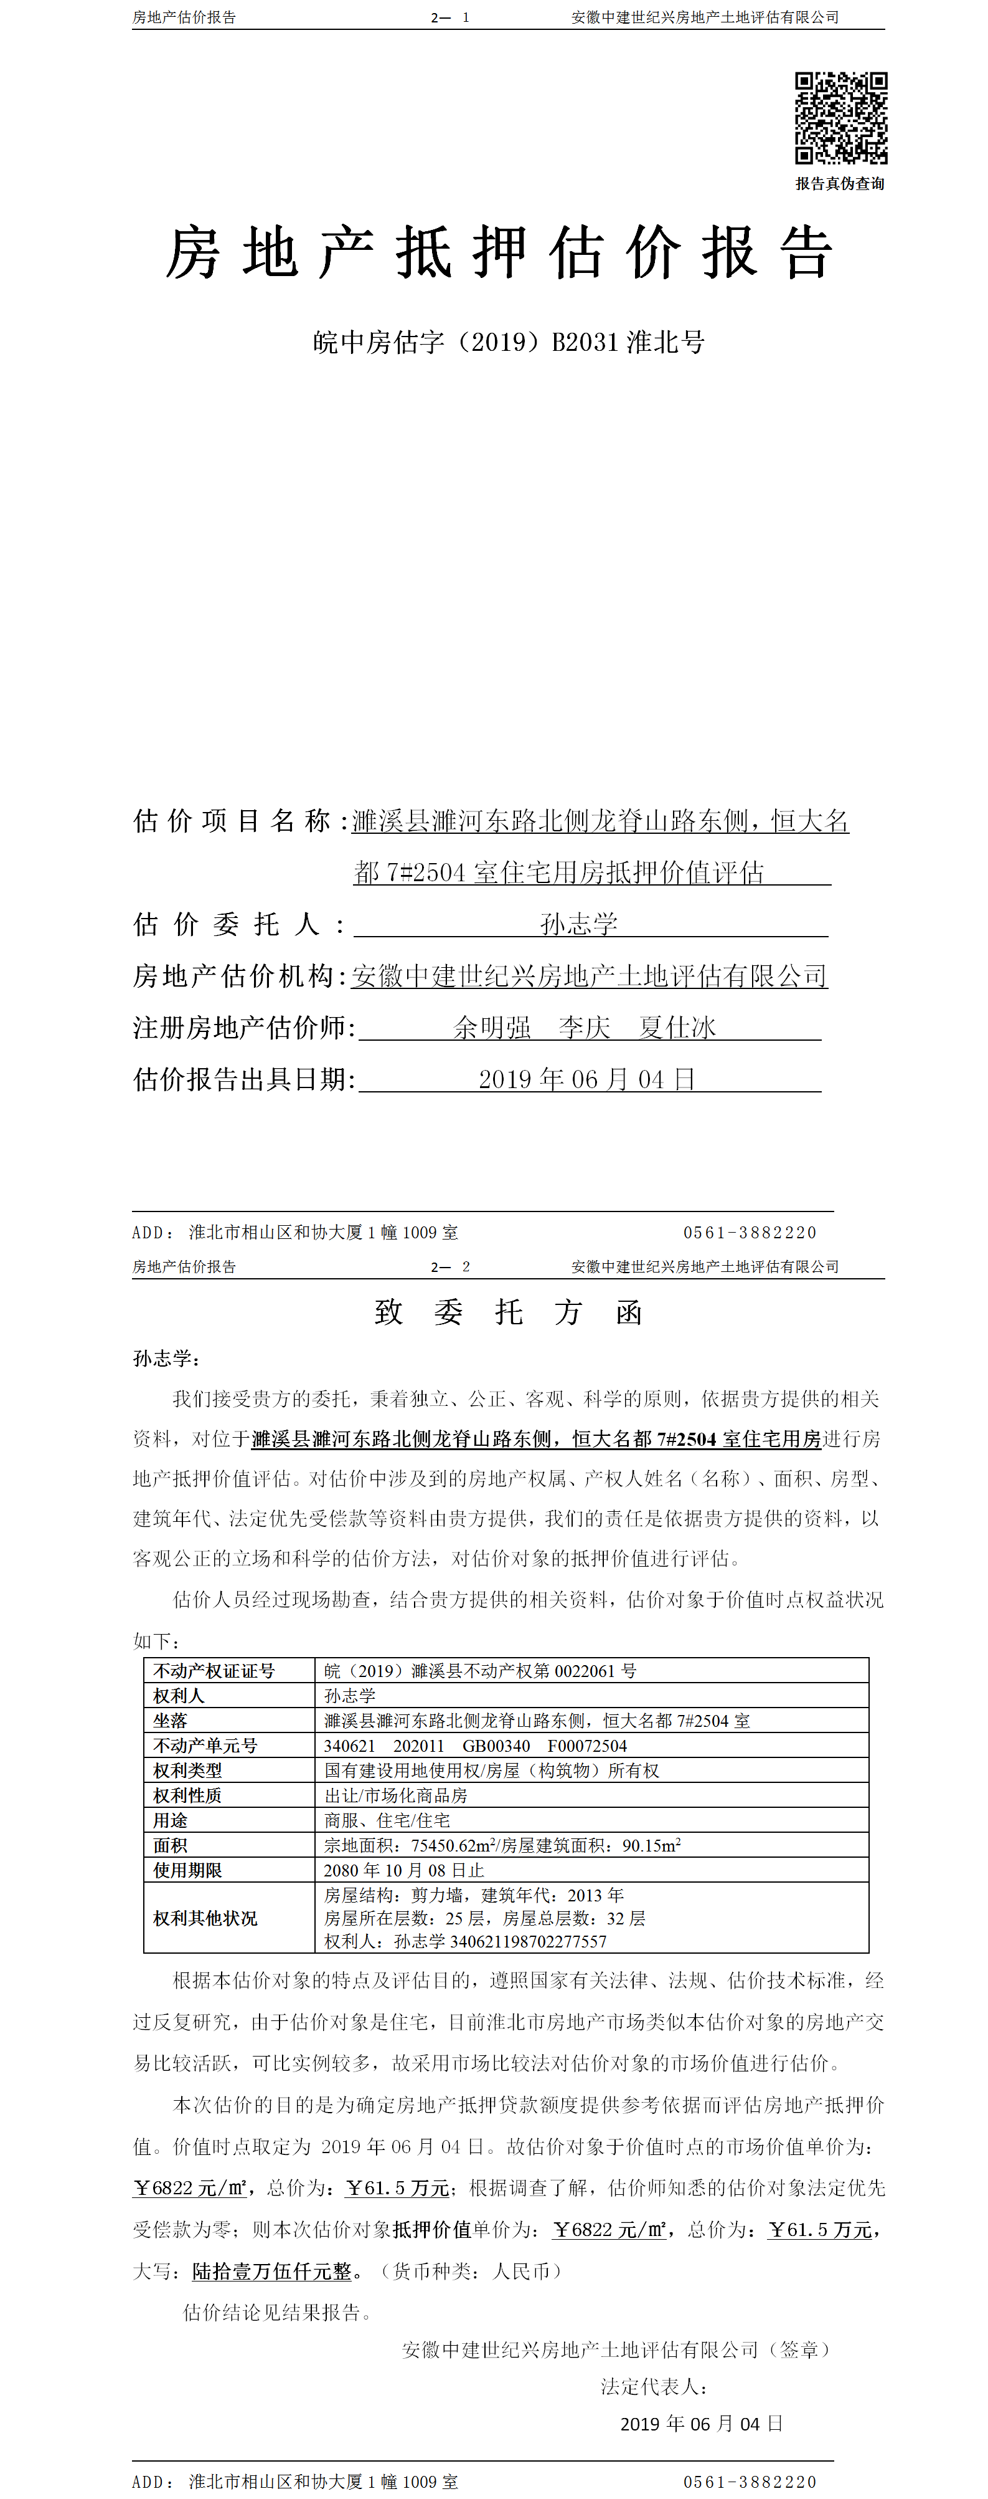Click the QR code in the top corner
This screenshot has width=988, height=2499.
(840, 117)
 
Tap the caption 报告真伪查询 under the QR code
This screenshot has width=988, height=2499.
(840, 183)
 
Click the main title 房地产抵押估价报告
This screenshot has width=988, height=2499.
(499, 253)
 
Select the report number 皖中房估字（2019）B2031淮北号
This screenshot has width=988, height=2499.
(508, 343)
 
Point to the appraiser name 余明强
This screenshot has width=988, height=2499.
(492, 1028)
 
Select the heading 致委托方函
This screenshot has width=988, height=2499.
(508, 1312)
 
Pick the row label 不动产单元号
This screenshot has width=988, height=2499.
(205, 1745)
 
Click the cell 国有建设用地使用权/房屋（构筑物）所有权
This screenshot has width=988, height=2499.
(492, 1770)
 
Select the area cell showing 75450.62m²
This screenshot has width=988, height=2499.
(502, 1845)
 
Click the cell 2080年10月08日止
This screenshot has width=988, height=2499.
(403, 1870)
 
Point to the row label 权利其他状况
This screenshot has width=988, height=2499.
(205, 1918)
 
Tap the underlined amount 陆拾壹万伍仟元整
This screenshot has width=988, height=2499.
(273, 2271)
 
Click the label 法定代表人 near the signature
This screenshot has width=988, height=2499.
(654, 2386)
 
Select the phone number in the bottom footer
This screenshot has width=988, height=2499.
(750, 2482)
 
